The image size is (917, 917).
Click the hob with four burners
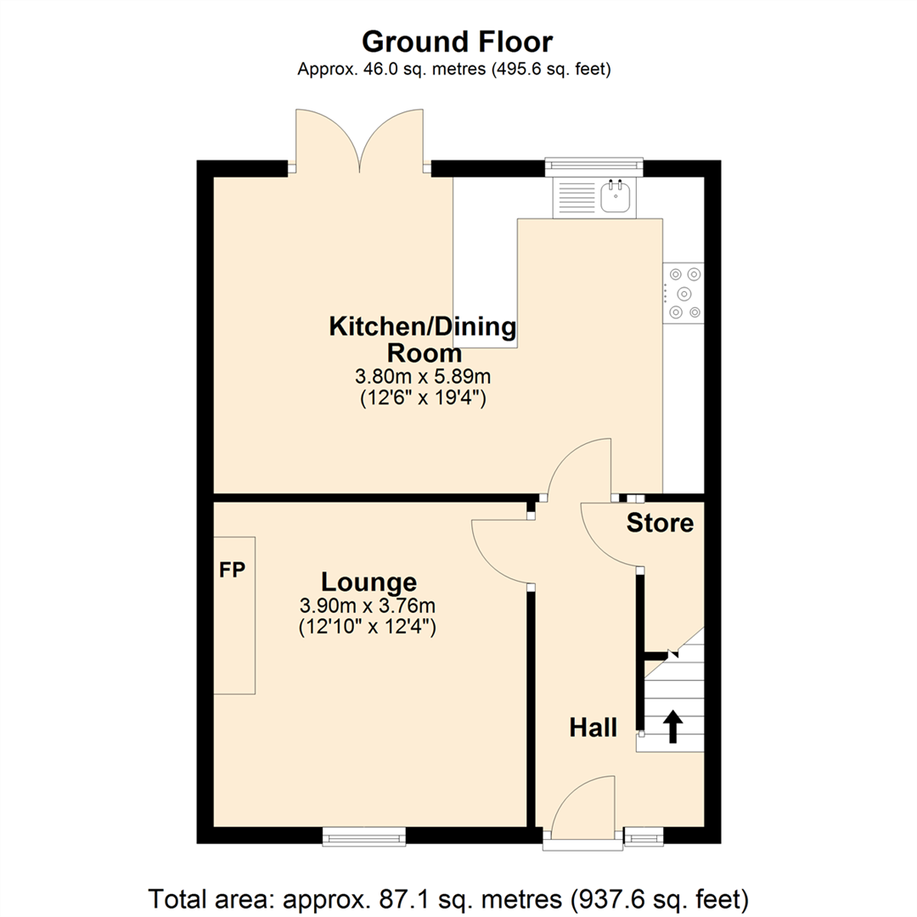(684, 293)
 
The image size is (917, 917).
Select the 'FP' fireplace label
(232, 571)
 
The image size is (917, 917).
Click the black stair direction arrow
(672, 727)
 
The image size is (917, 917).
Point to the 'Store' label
(660, 524)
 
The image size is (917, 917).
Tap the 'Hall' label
(593, 727)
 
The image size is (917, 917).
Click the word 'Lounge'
(368, 582)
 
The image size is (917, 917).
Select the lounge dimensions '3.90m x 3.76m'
(367, 606)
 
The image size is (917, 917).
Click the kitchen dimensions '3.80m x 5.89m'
(423, 375)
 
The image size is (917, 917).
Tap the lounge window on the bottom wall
(364, 837)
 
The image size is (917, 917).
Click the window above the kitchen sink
(594, 163)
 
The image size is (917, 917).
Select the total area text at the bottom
(449, 897)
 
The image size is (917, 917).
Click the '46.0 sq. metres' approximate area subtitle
(454, 70)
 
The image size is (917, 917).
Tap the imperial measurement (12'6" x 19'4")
(423, 397)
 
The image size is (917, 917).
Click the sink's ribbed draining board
(575, 198)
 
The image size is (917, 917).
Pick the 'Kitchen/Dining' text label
(423, 326)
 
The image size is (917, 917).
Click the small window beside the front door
(644, 838)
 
